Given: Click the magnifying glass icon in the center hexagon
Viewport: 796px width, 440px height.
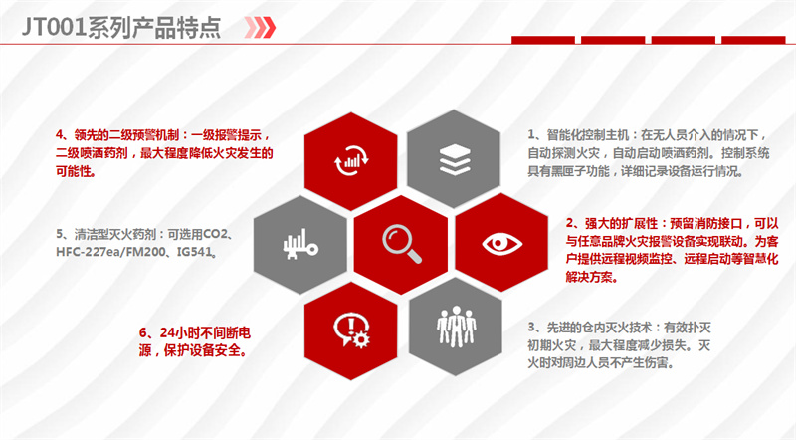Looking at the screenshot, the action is coord(402,244).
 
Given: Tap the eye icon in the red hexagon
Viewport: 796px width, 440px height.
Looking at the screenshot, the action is coord(501,243).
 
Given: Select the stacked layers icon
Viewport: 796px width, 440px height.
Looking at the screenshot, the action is coord(455,159).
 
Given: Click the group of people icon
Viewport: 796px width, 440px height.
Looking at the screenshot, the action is coord(456,327).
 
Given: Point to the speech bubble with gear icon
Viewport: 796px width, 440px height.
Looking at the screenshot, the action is coord(352,330).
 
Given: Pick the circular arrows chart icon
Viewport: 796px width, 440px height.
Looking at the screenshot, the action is coord(351,160).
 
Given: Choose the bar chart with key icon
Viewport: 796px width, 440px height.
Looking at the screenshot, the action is coord(300,244).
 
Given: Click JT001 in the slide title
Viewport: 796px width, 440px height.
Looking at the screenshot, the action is coord(54,27).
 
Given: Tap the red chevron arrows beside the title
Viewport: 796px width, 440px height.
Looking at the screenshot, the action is coord(260,28).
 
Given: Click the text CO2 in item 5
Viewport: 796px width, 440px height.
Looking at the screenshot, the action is coord(215,234).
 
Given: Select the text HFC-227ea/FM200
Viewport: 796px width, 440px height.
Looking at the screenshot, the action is coord(110,252).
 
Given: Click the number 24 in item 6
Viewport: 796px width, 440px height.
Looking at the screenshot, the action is coord(167,332).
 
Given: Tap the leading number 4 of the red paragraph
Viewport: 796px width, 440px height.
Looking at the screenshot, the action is coord(60,135).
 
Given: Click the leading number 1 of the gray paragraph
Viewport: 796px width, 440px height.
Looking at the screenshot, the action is coord(531,135).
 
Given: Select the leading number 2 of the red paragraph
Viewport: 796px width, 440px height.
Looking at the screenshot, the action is coord(569,223).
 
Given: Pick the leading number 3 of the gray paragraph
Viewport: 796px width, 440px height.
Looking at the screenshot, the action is coord(531,328).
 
